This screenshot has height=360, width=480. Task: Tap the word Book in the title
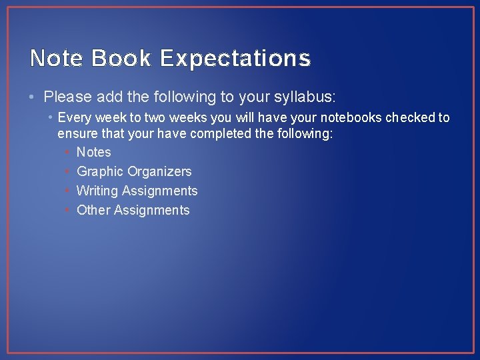(122, 59)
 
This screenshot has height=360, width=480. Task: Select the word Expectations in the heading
(235, 59)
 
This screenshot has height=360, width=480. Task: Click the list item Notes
(94, 152)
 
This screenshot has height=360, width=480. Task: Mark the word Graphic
(100, 172)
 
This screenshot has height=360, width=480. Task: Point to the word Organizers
(159, 172)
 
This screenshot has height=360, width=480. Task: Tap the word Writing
(98, 191)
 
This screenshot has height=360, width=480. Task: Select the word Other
(93, 210)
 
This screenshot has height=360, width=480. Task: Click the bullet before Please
(33, 97)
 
